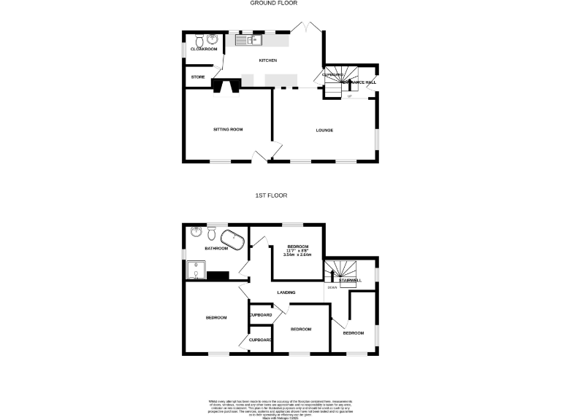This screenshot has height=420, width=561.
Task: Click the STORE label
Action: point(198,77)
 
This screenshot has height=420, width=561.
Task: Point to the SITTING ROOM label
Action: point(227,129)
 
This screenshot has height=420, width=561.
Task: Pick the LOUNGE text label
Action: point(324,131)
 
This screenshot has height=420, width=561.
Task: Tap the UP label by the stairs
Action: point(349,96)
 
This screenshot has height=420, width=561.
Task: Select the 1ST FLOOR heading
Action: point(271,195)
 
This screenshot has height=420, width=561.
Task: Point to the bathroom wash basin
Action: point(196,233)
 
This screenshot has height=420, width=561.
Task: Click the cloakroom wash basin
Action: point(212,39)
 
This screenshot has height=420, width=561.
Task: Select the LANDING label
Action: point(286,293)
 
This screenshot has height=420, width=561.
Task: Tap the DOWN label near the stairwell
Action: point(332,287)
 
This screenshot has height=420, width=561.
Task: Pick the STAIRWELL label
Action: point(350,280)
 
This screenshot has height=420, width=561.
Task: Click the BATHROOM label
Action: point(216,249)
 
